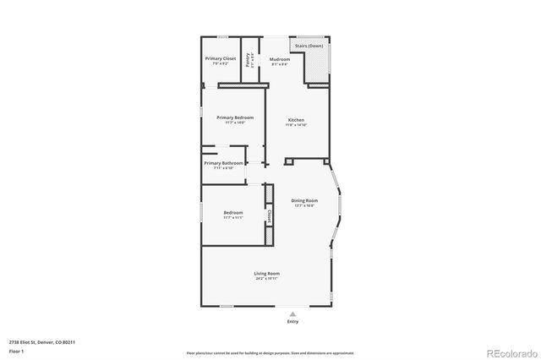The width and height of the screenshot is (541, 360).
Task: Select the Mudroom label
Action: [280, 59]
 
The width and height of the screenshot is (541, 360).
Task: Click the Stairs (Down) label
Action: [309, 46]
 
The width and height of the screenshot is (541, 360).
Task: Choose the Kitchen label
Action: [296, 120]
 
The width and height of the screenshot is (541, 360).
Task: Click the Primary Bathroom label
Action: [224, 162]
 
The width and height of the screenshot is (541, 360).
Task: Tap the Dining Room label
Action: [304, 200]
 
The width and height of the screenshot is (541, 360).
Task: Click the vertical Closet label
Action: [269, 215]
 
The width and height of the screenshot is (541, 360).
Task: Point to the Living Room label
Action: [267, 273]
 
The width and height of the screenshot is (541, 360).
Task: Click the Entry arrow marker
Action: [292, 313]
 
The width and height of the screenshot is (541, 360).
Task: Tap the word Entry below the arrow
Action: [292, 321]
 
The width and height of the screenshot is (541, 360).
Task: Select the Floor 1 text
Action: [15, 350]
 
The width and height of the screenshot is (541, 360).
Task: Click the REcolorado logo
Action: [510, 352]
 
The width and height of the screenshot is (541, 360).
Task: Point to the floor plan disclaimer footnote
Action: [270, 352]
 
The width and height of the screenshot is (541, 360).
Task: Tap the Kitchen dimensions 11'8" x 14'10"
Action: [296, 125]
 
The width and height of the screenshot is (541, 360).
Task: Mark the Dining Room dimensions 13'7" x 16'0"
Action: [304, 205]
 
